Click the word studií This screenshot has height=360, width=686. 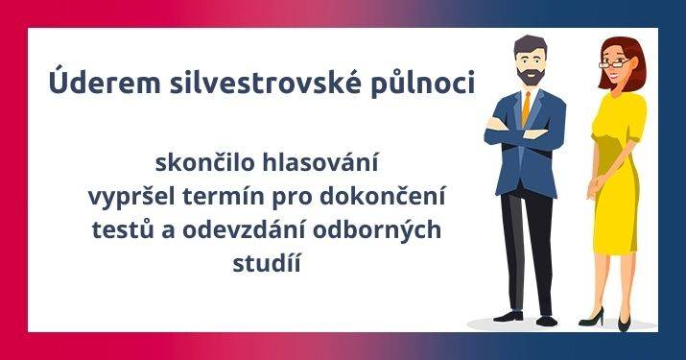pyautogui.click(x=266, y=262)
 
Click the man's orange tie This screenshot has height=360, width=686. pyautogui.click(x=526, y=110)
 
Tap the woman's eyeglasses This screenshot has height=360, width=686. pyautogui.click(x=615, y=63)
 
